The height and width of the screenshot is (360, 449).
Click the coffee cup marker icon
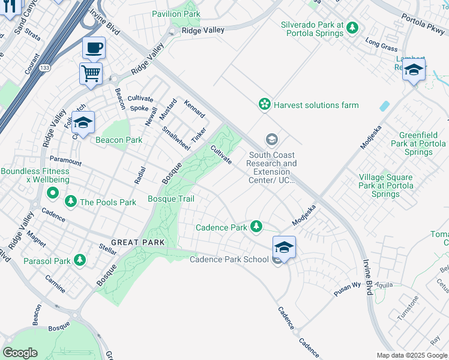(x=93, y=47)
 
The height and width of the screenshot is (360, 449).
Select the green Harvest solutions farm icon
(x=264, y=105)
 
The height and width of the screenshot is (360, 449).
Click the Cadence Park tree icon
(x=257, y=226)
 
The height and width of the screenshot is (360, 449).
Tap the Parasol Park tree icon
(x=79, y=260)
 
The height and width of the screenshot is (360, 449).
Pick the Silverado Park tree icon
(x=352, y=28)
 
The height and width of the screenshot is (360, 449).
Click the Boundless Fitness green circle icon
(x=53, y=194)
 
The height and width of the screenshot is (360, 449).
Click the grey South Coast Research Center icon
(x=272, y=140)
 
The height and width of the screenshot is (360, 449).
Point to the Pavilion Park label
(x=176, y=13)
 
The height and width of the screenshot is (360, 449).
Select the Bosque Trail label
(x=171, y=199)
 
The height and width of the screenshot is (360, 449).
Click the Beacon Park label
(x=119, y=140)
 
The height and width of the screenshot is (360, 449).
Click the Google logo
(x=20, y=352)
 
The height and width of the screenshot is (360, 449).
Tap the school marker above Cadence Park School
(x=284, y=247)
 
